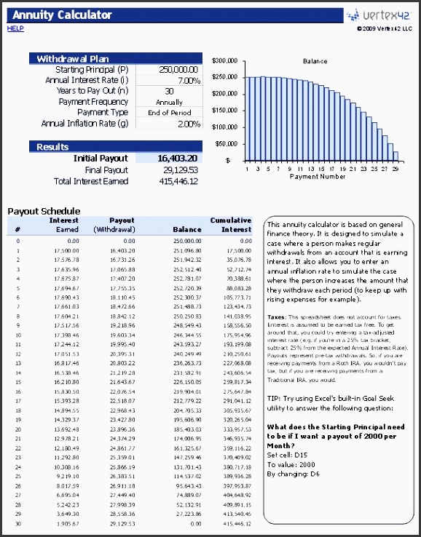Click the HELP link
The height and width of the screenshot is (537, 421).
(15, 28)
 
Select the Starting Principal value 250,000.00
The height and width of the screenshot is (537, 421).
(179, 70)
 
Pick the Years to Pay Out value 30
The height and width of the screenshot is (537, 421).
(169, 91)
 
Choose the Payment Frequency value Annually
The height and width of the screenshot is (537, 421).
(169, 102)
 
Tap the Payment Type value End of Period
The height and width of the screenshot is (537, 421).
(169, 113)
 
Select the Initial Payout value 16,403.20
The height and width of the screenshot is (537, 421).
(178, 158)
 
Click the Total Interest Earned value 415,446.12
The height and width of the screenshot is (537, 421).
(178, 180)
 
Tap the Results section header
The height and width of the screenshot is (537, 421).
(52, 147)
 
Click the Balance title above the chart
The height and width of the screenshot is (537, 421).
(315, 62)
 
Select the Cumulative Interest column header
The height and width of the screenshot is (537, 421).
(231, 224)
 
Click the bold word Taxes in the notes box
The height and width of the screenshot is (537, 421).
(278, 317)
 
